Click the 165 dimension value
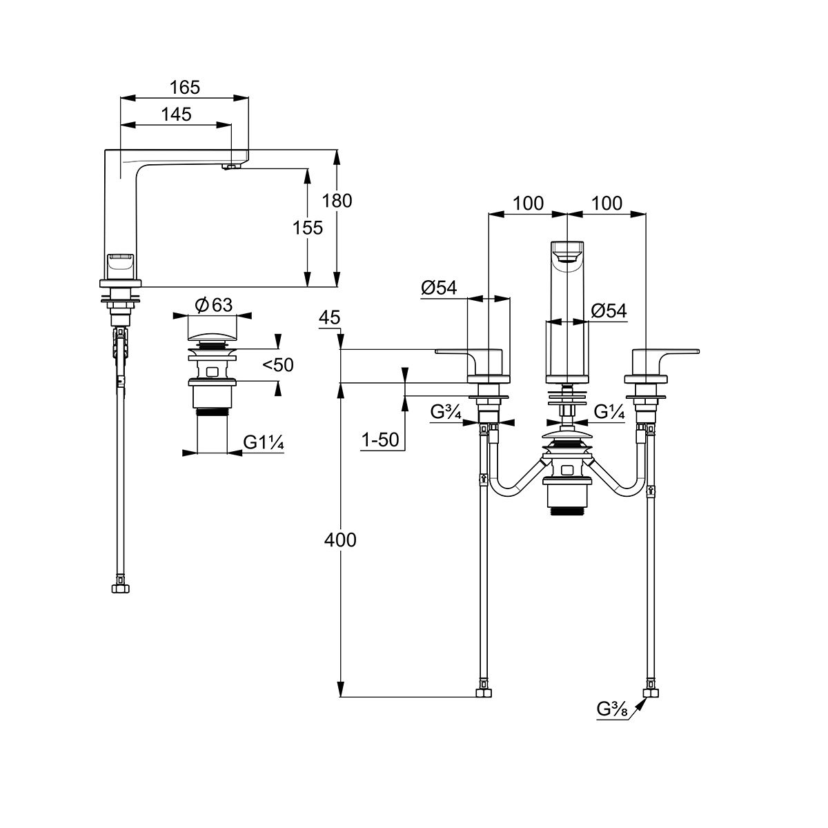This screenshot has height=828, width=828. [185, 88]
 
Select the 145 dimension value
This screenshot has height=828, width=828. [177, 115]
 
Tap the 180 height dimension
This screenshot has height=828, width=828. [337, 201]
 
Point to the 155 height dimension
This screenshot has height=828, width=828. [308, 228]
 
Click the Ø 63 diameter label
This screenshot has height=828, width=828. [213, 305]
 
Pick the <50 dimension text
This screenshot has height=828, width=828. [278, 365]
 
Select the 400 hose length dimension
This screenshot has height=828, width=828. [341, 540]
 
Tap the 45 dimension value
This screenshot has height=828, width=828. [331, 317]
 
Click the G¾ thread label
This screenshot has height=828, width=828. [446, 413]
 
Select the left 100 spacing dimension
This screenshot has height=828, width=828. [528, 204]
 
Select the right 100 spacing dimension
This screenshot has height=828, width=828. [607, 204]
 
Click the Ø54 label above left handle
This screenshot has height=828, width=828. [439, 288]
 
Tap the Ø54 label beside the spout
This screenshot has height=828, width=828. [609, 311]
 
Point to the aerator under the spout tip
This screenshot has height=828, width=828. [227, 166]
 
